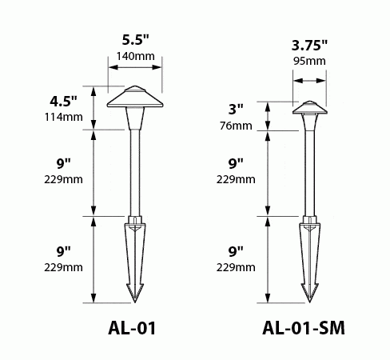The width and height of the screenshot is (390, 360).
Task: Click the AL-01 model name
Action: click(132, 328)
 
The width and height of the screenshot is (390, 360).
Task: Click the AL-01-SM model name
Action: click(304, 328)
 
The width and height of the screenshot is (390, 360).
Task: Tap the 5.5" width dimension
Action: click(136, 40)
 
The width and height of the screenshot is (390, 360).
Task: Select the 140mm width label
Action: click(136, 56)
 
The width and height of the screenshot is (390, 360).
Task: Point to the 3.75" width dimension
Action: click(309, 46)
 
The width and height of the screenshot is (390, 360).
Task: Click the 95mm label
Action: click(309, 61)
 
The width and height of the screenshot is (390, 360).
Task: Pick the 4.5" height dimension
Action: click(63, 102)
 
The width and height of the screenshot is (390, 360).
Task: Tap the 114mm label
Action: click(63, 117)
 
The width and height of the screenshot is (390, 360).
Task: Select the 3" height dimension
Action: click(236, 110)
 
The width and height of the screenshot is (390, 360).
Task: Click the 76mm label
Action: click(236, 126)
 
